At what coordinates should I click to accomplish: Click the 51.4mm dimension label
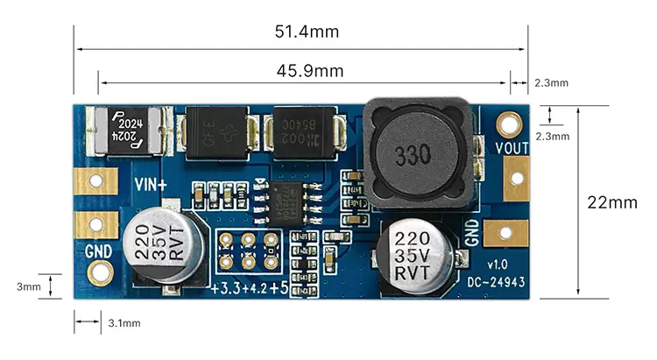click(x=307, y=32)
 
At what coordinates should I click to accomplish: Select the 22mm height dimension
click(x=611, y=202)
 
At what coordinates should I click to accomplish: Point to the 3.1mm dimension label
click(x=124, y=323)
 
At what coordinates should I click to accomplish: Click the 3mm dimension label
click(x=29, y=286)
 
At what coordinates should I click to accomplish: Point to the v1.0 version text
click(x=498, y=265)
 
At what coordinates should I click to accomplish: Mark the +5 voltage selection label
click(x=279, y=288)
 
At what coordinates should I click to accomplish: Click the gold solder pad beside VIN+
click(x=95, y=181)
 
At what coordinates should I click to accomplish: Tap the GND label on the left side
click(x=99, y=252)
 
